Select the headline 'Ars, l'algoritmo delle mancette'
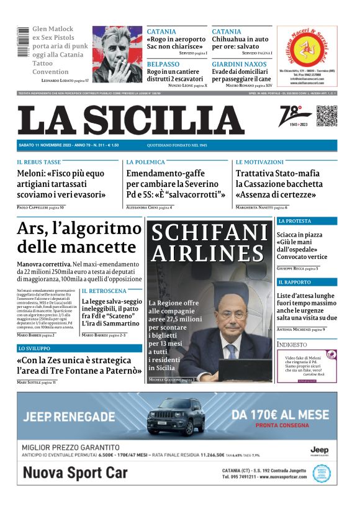click(79, 238)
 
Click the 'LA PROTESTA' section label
click(295, 221)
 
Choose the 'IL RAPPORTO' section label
click(294, 283)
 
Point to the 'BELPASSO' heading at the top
click(163, 64)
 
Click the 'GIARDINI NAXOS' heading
click(239, 64)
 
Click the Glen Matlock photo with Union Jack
click(117, 55)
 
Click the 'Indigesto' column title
click(292, 344)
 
